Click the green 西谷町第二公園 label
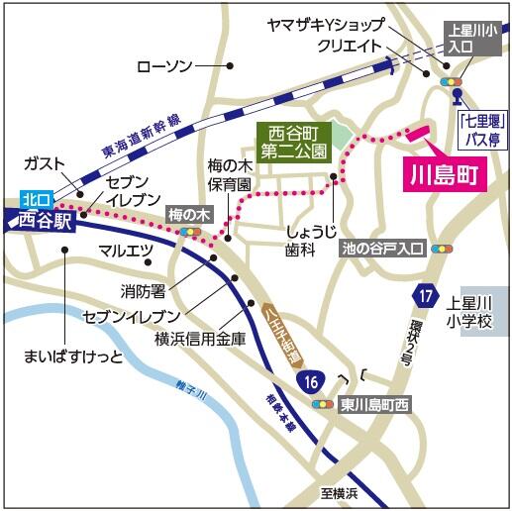tap(290, 143)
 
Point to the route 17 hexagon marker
tap(426, 294)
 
